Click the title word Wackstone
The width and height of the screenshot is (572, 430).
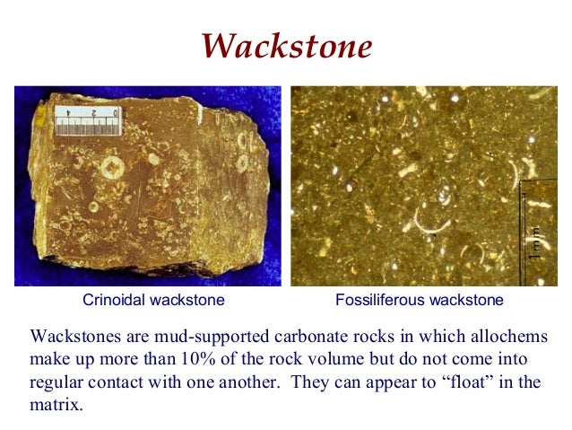[286, 45]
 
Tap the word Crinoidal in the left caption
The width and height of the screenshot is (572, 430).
[113, 299]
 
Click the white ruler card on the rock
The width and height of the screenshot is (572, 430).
[87, 118]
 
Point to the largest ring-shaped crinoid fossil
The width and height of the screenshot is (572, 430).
[112, 167]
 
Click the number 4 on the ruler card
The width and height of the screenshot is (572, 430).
[67, 114]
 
